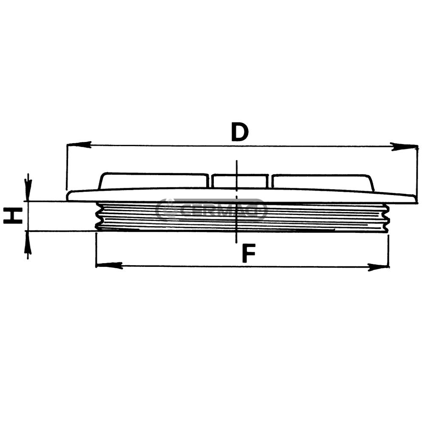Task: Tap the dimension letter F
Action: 249,254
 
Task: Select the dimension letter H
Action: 13,215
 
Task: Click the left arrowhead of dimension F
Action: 109,265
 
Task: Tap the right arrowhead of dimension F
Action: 378,267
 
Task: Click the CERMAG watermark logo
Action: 211,210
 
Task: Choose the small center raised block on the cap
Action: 240,181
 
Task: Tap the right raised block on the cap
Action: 323,182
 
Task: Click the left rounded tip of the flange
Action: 69,195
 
